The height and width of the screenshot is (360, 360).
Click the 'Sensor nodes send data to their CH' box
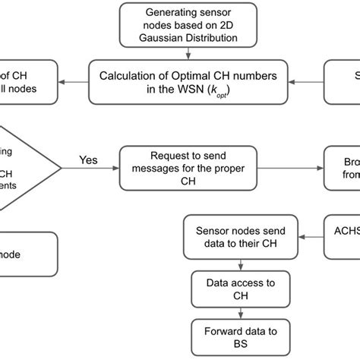(x=242, y=238)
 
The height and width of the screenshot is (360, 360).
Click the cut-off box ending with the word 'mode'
(x=29, y=254)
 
